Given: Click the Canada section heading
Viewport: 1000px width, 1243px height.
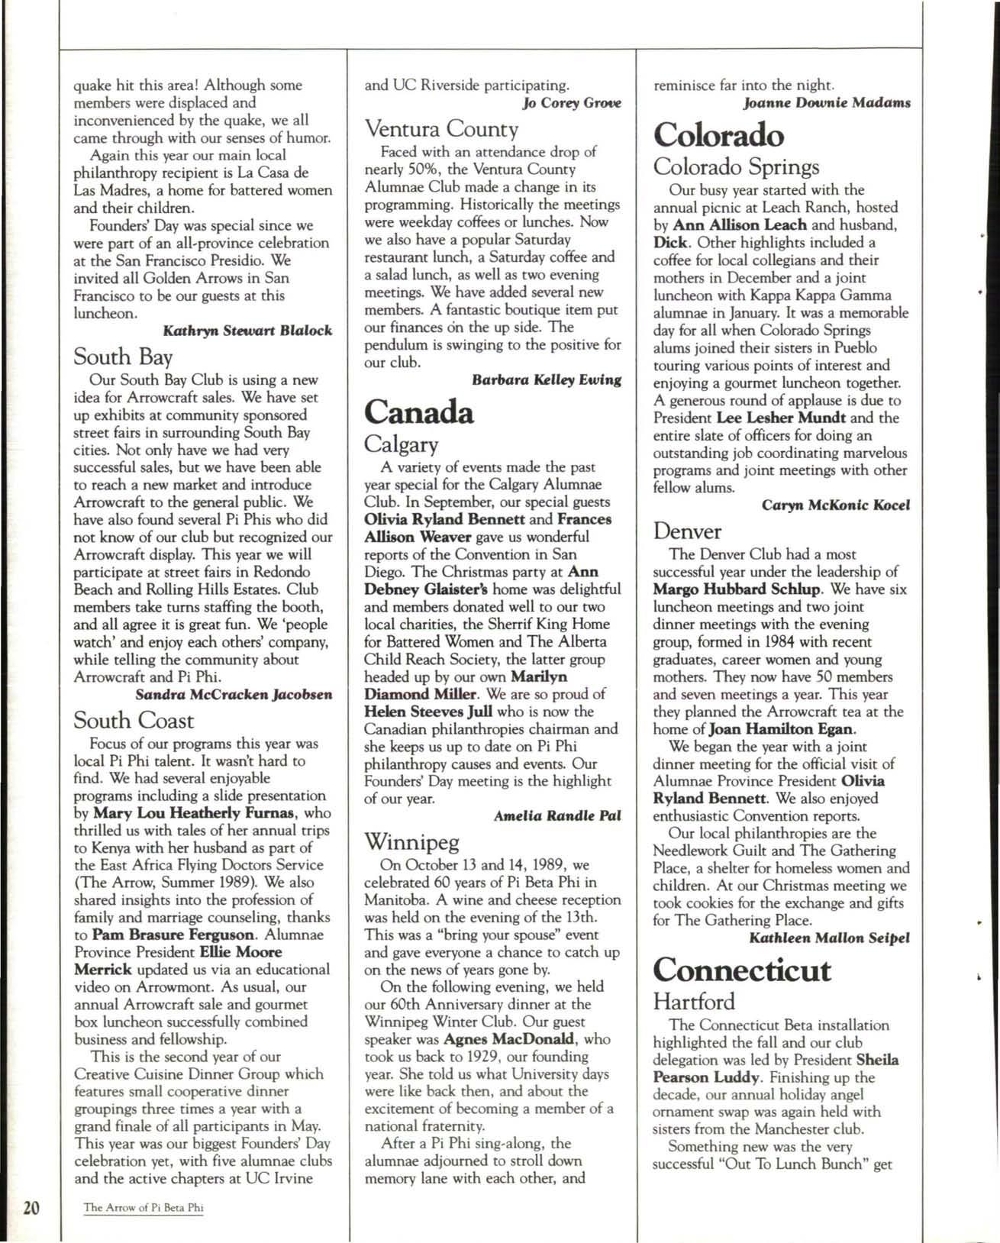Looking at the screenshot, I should pyautogui.click(x=419, y=412).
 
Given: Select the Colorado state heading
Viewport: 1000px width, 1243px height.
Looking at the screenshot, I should pyautogui.click(x=718, y=135).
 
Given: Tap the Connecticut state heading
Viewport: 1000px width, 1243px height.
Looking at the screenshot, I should pyautogui.click(x=741, y=970).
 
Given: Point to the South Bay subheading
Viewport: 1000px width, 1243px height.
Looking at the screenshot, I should pyautogui.click(x=123, y=357).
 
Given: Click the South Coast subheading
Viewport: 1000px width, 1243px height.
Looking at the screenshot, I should pyautogui.click(x=134, y=720).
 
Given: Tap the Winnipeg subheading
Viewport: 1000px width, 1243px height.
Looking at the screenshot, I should pyautogui.click(x=411, y=842).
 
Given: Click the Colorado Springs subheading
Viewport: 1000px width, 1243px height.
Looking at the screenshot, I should pyautogui.click(x=736, y=166).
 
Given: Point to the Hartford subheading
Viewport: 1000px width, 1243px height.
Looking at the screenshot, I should pyautogui.click(x=694, y=1001).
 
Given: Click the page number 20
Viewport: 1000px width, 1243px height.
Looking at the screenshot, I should pyautogui.click(x=31, y=1208).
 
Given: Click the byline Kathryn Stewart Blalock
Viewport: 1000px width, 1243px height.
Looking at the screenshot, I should pyautogui.click(x=247, y=331).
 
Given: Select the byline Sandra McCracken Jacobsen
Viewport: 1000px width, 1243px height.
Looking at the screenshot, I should pyautogui.click(x=234, y=695).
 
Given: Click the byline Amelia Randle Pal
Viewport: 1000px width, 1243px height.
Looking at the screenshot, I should pyautogui.click(x=556, y=815).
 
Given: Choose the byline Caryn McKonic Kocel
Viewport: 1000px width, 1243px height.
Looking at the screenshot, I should pyautogui.click(x=836, y=505).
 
